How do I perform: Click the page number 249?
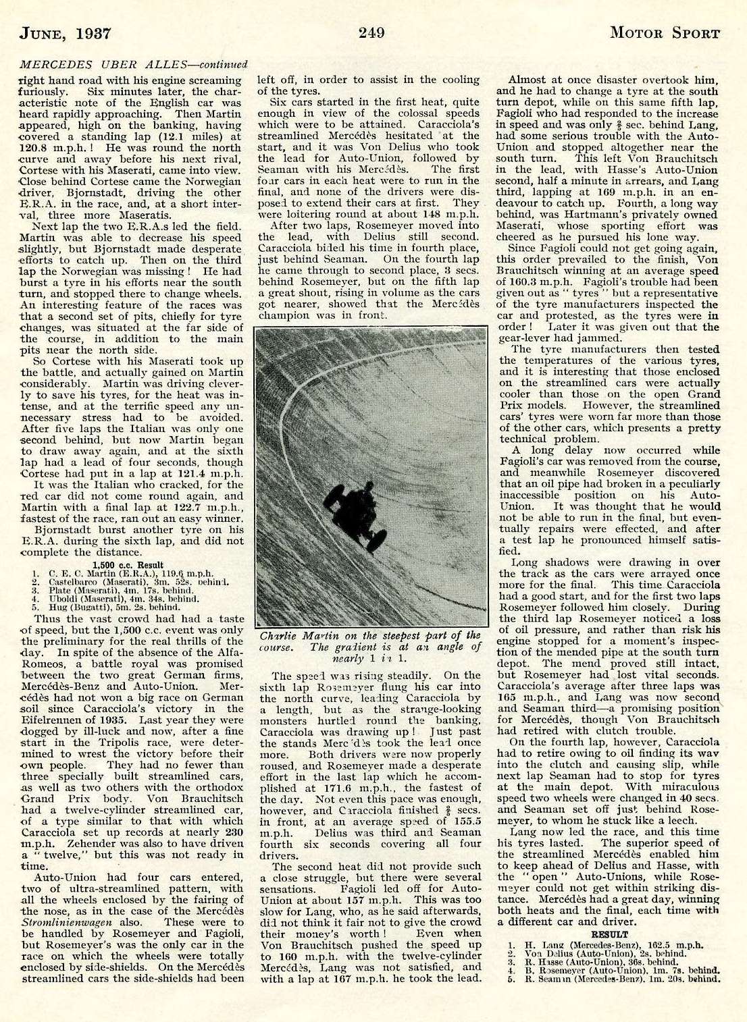coord(372,32)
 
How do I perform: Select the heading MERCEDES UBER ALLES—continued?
coord(134,65)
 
